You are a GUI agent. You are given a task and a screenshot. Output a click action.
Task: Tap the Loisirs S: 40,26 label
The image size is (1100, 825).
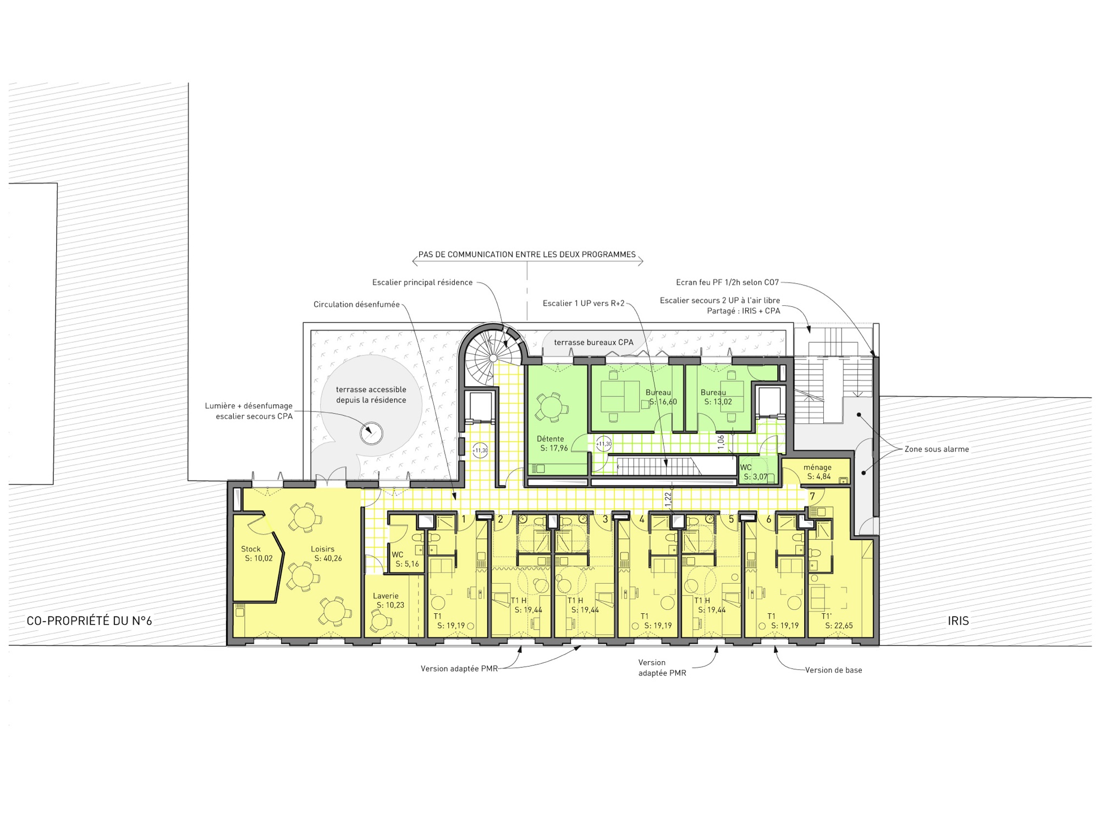tap(326, 553)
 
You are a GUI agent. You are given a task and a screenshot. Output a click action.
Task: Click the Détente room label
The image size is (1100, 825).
tap(553, 443)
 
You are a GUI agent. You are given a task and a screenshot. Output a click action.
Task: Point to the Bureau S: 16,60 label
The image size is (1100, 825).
tap(661, 397)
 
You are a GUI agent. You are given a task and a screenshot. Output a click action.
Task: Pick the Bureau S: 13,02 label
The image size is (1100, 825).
tap(716, 397)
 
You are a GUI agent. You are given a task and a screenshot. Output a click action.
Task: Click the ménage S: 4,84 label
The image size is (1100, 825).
tap(818, 472)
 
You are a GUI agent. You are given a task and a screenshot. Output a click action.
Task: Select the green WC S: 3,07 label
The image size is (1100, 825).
tap(754, 472)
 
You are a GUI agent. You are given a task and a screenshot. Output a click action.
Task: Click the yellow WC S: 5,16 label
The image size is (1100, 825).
tap(405, 559)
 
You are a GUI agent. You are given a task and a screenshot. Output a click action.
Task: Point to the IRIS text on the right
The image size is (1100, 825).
tap(958, 621)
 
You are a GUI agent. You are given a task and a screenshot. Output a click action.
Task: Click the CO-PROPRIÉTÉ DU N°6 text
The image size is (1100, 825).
tap(89, 621)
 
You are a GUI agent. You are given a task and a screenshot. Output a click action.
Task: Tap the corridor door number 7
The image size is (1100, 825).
tap(812, 497)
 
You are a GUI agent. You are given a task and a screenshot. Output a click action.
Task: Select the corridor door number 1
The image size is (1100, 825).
tap(464, 519)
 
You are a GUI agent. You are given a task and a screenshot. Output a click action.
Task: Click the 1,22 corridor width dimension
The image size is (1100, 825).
tap(668, 499)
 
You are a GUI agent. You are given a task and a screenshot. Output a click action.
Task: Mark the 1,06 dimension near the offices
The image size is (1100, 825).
tap(721, 442)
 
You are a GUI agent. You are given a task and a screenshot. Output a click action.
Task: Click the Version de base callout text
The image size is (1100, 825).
tap(834, 670)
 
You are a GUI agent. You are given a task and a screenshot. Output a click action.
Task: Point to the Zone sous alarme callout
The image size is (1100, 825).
tap(937, 449)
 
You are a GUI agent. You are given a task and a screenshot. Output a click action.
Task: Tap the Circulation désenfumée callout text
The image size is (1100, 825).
tap(356, 304)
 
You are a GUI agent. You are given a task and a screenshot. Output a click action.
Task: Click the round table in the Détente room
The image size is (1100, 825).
tap(551, 408)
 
